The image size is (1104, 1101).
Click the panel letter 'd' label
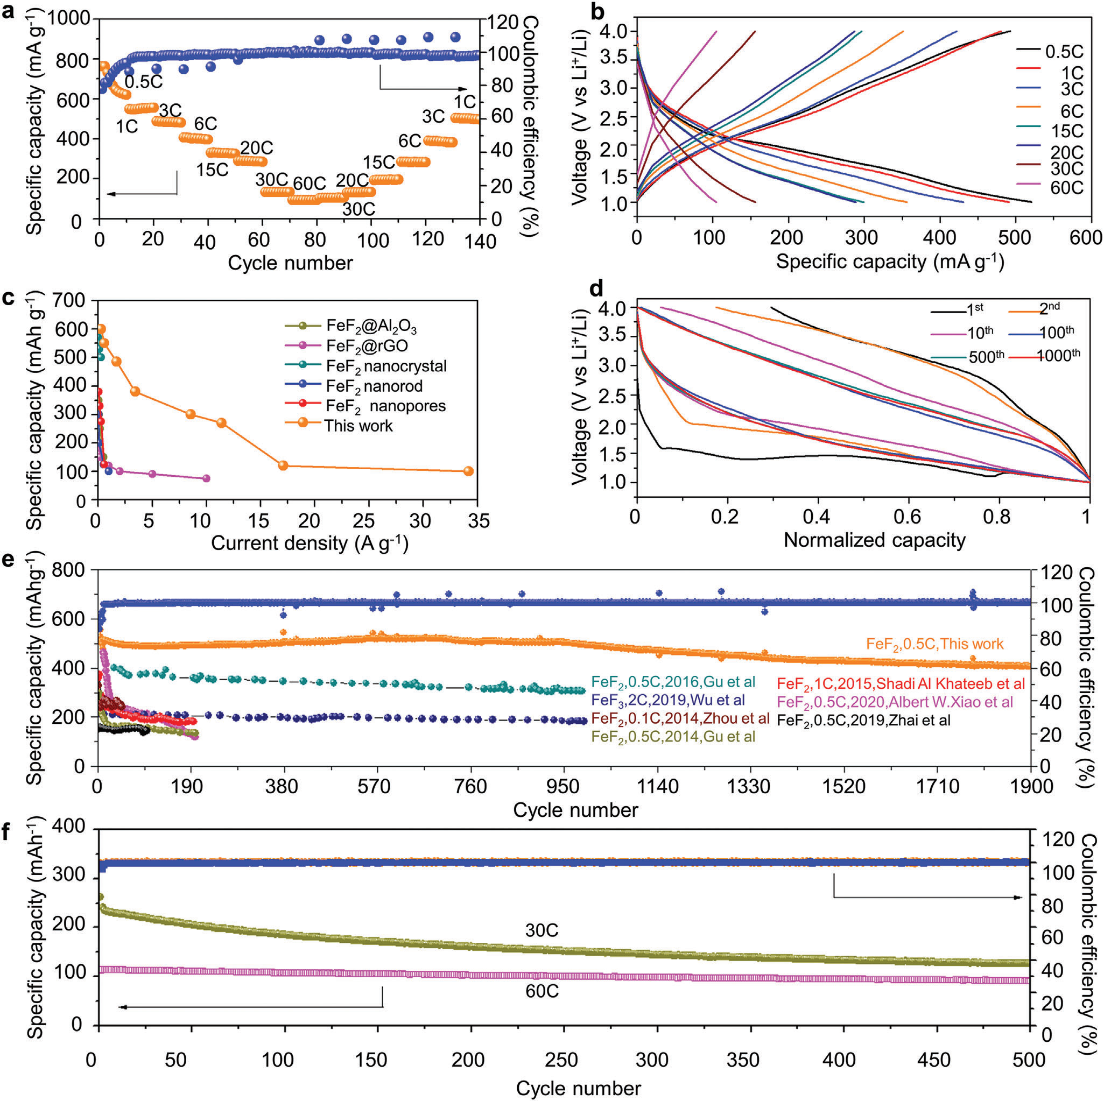coord(596,288)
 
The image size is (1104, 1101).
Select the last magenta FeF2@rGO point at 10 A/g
coord(206,478)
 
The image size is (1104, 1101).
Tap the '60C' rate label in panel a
coord(309,183)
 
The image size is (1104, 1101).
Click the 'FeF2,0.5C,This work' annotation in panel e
coord(934,644)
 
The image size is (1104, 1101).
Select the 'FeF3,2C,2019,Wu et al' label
coord(668,700)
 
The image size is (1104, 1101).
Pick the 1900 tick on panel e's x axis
coord(1030,787)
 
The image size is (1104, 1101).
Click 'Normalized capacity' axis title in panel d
coord(874,539)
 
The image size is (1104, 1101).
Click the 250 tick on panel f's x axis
coord(562,1060)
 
